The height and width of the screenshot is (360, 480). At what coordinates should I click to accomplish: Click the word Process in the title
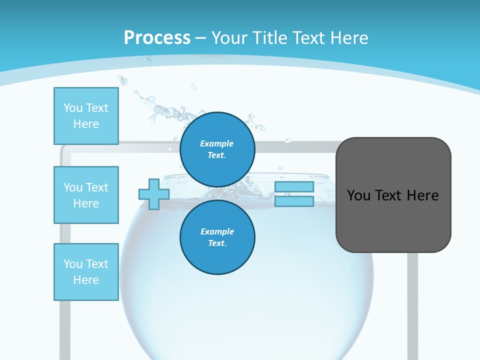tap(157, 37)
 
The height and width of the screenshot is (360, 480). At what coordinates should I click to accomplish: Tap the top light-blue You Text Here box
tap(86, 116)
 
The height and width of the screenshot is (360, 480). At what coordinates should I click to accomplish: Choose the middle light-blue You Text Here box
tap(86, 195)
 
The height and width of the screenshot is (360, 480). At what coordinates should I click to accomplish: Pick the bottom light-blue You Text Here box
tap(86, 272)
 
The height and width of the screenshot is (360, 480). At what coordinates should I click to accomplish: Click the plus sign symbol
tap(154, 194)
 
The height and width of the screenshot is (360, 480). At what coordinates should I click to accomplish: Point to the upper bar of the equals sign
tap(294, 187)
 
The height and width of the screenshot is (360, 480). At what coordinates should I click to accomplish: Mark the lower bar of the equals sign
tap(294, 201)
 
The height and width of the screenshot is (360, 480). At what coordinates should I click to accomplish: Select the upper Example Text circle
tap(217, 149)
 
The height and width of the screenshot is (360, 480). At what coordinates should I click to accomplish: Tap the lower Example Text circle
tap(217, 237)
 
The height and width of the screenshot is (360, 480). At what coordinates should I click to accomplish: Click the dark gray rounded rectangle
tap(393, 220)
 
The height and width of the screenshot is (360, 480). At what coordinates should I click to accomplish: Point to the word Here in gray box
tap(422, 195)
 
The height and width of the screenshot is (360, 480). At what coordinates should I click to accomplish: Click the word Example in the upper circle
tap(217, 143)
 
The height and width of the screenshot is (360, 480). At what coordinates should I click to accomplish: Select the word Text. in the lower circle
tap(217, 243)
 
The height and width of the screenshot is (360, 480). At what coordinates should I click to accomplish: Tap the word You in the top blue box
tap(73, 108)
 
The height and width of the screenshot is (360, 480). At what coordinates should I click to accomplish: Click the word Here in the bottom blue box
tap(86, 280)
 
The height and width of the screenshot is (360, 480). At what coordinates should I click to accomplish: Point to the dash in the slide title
tap(201, 38)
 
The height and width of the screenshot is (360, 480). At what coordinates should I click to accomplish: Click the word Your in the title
tap(228, 37)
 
